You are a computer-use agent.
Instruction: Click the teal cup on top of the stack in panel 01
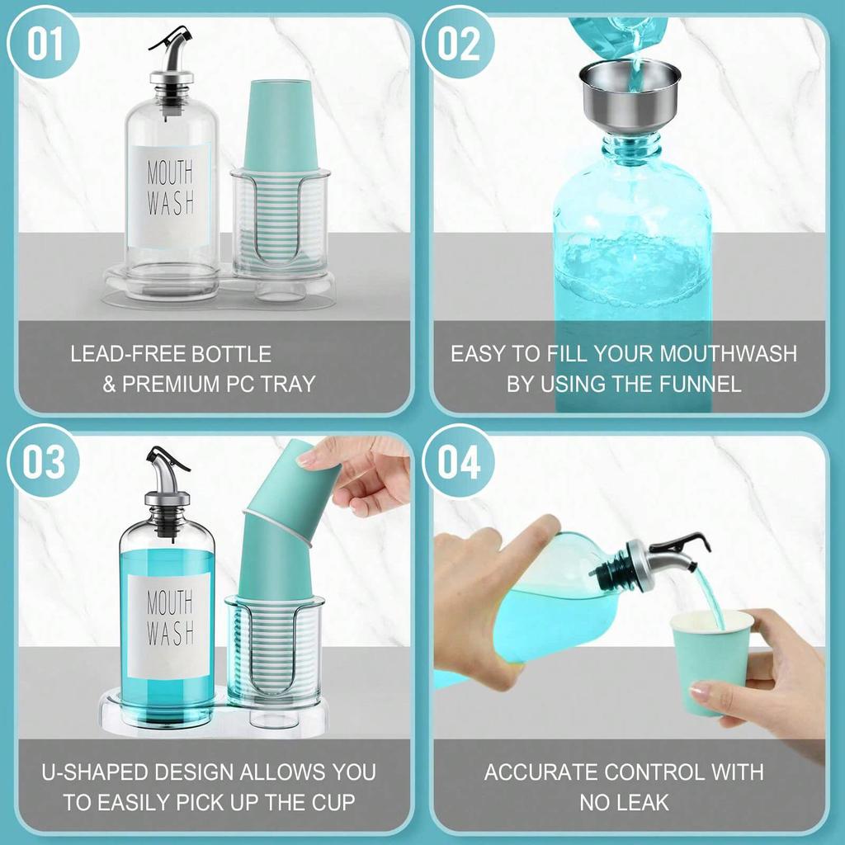281,124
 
